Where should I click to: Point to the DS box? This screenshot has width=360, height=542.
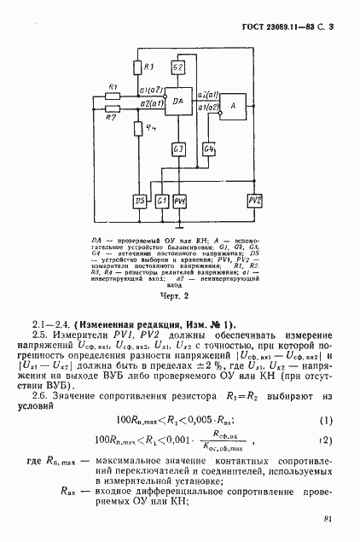coord(140,200)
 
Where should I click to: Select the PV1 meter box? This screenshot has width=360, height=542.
coord(180,200)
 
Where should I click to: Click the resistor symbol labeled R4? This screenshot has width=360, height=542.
coord(140,129)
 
